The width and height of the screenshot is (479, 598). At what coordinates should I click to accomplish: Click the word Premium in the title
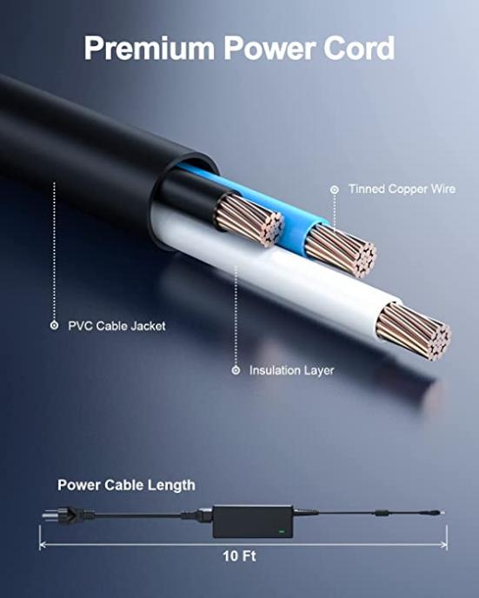[x=150, y=48]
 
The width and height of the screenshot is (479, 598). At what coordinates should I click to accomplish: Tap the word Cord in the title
[x=359, y=48]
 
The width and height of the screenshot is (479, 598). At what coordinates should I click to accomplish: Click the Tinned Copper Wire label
[x=402, y=189]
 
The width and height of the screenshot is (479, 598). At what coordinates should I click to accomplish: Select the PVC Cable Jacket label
[x=116, y=326]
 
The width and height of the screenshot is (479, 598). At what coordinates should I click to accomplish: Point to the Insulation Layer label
[x=291, y=370]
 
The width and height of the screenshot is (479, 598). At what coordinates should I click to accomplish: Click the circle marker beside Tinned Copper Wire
[x=335, y=189]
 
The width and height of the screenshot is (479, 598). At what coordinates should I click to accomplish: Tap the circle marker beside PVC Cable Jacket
[x=54, y=326]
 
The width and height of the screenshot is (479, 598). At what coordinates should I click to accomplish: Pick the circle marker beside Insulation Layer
[x=236, y=370]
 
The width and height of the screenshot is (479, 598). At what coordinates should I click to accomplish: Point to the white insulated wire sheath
[x=289, y=275]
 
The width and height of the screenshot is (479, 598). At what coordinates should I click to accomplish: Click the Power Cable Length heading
[x=126, y=485]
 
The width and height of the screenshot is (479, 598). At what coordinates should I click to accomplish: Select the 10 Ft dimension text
[x=240, y=556]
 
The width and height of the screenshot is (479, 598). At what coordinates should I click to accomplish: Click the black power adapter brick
[x=253, y=522]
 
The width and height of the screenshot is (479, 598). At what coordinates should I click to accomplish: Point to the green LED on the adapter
[x=283, y=531]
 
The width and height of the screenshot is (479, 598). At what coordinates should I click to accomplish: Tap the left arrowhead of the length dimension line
[x=43, y=545]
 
